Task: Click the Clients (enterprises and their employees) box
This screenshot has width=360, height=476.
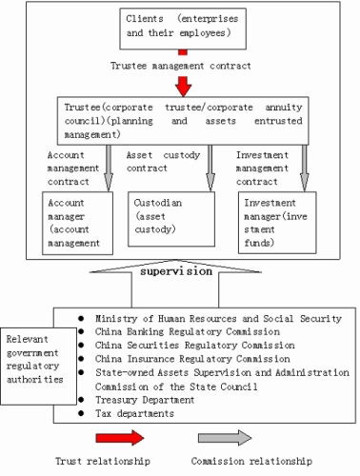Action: [x=183, y=29]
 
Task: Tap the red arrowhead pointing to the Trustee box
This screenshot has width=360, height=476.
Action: [x=183, y=87]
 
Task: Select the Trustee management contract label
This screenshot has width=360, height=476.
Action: [x=181, y=66]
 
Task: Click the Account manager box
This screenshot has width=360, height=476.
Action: [x=77, y=223]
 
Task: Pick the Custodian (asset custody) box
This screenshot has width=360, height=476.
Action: [x=171, y=219]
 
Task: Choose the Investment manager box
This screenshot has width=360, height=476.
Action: [x=277, y=223]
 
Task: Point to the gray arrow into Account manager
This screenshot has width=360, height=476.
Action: [x=109, y=169]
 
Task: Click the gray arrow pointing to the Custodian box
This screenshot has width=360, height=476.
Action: [x=210, y=169]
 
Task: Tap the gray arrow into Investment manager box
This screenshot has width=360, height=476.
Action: [x=305, y=169]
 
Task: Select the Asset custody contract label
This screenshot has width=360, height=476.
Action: [x=163, y=162]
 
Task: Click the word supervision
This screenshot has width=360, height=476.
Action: [x=176, y=271]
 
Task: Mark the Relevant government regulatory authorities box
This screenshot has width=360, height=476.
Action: [x=38, y=367]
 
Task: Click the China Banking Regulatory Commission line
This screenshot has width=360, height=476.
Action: [x=188, y=332]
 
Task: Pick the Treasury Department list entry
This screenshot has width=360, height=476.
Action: [x=145, y=400]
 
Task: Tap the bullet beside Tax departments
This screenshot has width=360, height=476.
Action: [x=81, y=413]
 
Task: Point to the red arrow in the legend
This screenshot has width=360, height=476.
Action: [x=120, y=438]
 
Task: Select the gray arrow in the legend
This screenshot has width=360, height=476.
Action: [x=225, y=438]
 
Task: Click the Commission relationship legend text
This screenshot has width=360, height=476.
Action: [x=251, y=461]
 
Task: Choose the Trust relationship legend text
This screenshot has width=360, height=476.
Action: [x=103, y=461]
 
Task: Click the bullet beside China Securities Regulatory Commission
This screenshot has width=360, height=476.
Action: [x=81, y=345]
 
